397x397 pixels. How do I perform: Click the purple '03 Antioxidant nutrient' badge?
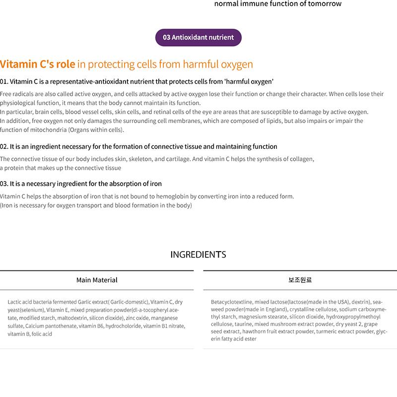(x=198, y=37)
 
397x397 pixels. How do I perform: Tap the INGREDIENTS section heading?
(x=198, y=255)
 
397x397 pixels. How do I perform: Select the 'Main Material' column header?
(x=97, y=280)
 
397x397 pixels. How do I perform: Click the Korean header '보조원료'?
(x=300, y=280)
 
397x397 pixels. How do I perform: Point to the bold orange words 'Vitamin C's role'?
(x=38, y=64)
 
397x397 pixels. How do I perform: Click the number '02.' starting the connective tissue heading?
(x=4, y=146)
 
